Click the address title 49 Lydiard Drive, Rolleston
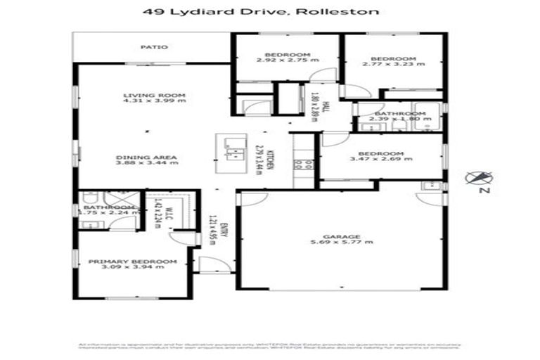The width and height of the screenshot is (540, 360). pyautogui.click(x=271, y=12)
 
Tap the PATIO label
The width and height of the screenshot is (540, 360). pyautogui.click(x=153, y=47)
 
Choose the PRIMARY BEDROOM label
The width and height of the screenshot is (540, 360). pyautogui.click(x=132, y=262)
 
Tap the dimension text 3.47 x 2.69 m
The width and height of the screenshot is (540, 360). pyautogui.click(x=380, y=160)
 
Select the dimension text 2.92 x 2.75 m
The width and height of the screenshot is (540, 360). pyautogui.click(x=288, y=61)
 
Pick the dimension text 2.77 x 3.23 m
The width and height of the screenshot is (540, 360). pyautogui.click(x=394, y=64)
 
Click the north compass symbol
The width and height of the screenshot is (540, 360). pyautogui.click(x=480, y=177)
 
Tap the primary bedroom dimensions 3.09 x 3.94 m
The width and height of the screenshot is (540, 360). pyautogui.click(x=132, y=268)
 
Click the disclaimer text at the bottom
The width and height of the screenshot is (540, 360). pyautogui.click(x=269, y=347)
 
